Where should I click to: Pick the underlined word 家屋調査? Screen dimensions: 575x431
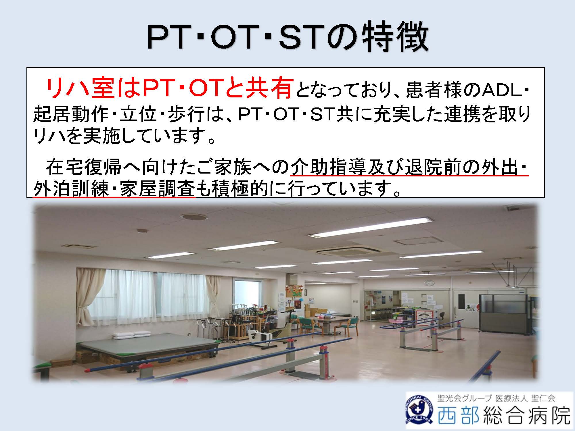point(158,189)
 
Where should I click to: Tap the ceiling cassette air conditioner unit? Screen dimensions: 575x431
point(342,253)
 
